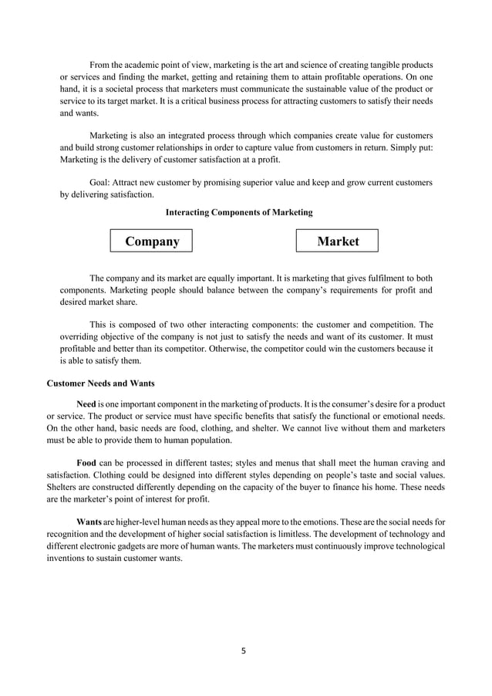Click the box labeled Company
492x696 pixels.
[x=152, y=242]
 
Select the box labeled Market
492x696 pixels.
[x=338, y=241]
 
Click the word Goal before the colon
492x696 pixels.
[x=102, y=183]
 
